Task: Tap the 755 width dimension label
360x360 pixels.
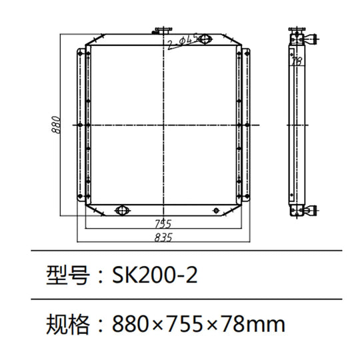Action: tap(163, 223)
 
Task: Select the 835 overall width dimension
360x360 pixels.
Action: tap(163, 237)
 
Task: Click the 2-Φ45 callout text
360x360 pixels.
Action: tap(182, 43)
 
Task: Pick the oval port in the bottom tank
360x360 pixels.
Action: tap(122, 211)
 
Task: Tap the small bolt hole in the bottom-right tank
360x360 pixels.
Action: tap(216, 211)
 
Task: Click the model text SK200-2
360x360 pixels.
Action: tap(155, 275)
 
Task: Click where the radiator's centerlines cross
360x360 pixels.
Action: tap(162, 125)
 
